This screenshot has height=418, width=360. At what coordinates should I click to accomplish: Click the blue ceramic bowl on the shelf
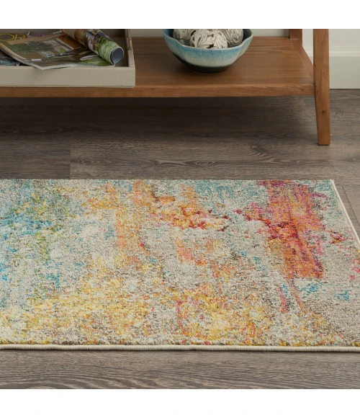click(x=207, y=55)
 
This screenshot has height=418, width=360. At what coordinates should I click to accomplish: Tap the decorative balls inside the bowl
click(x=209, y=37)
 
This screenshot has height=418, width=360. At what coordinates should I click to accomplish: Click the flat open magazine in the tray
click(x=43, y=52)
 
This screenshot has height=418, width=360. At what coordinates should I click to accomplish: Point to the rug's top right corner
click(x=332, y=182)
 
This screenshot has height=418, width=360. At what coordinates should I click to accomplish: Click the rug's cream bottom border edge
click(x=180, y=347)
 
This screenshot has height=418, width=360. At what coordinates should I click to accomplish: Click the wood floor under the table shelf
click(x=180, y=137)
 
